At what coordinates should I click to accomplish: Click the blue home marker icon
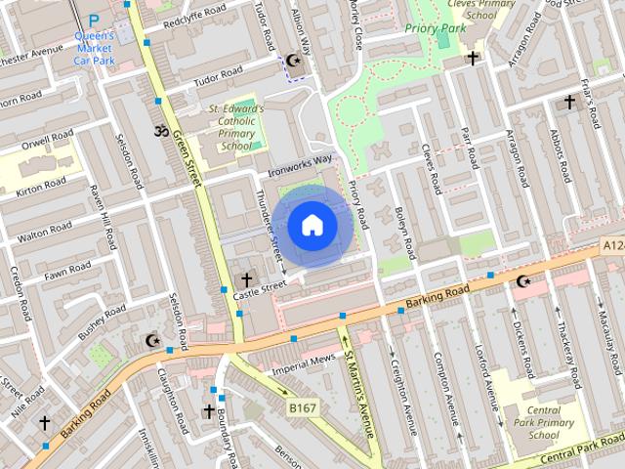[312, 226]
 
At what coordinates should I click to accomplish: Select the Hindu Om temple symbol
[160, 130]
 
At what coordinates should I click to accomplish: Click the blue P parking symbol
[94, 20]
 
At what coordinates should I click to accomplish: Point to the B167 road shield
[303, 405]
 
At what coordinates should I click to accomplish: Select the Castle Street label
[259, 286]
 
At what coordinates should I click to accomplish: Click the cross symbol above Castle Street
[246, 280]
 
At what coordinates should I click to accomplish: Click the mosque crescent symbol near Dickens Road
[524, 281]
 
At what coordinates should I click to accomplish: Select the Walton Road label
[45, 232]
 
